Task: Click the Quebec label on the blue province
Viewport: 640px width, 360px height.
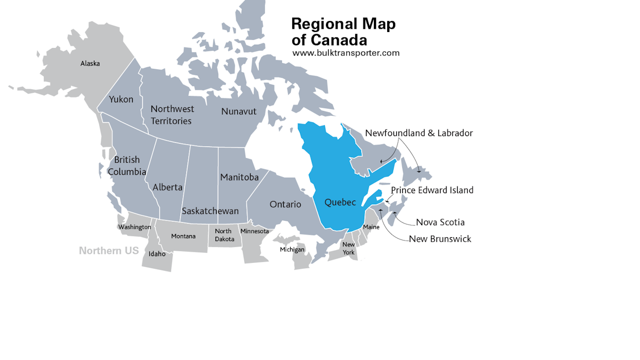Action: (x=340, y=202)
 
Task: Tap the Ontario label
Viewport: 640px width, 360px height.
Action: (x=285, y=204)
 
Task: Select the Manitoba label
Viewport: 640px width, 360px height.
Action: (x=239, y=177)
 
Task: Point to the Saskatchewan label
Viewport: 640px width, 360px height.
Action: (x=210, y=211)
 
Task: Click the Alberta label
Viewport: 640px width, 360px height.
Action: (x=167, y=187)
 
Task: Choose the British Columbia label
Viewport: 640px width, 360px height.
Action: (x=127, y=165)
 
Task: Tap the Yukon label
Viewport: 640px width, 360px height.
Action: (x=121, y=99)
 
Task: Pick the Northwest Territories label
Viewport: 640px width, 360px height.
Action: (x=172, y=115)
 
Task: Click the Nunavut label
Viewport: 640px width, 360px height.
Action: (x=239, y=111)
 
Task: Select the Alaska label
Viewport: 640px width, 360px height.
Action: (x=90, y=63)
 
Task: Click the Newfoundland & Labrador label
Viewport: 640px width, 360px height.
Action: (x=419, y=133)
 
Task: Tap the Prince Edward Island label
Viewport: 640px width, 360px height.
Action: (x=432, y=190)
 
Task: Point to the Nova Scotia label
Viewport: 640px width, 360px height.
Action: (x=440, y=222)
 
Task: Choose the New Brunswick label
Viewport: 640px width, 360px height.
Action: (x=440, y=239)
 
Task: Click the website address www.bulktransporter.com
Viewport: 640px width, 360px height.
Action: (x=346, y=53)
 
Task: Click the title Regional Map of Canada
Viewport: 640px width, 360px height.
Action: (x=343, y=31)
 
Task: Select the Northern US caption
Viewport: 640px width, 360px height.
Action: (x=109, y=251)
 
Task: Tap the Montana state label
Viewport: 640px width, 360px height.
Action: (x=183, y=236)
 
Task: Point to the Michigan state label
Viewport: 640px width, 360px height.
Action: (x=292, y=250)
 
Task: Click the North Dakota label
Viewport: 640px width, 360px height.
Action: (x=224, y=235)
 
